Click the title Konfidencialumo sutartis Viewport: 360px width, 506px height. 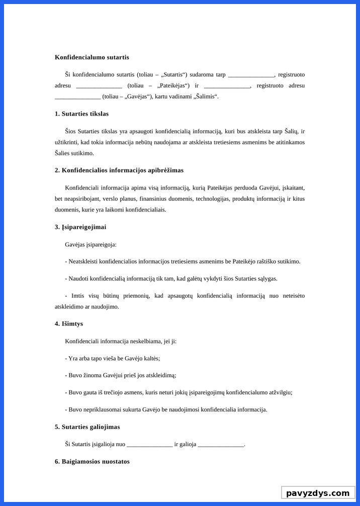pos(92,57)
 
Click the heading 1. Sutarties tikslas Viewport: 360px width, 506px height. pos(81,114)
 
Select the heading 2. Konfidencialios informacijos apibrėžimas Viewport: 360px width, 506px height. pos(119,171)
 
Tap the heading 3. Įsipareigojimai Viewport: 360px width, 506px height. pos(80,227)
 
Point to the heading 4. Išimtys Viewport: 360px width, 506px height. pos(69,324)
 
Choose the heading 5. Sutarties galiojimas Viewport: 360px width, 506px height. pos(87,427)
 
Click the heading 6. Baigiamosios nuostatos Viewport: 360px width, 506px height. pos(92,462)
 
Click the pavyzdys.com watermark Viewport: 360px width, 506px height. pos(317,493)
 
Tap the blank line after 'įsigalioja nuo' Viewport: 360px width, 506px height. pos(149,445)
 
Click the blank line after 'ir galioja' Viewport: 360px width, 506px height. pos(221,445)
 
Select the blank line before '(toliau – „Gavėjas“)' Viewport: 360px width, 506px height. pos(77,97)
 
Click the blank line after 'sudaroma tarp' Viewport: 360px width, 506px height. pos(251,75)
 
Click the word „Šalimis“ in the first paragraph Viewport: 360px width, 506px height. pos(203,97)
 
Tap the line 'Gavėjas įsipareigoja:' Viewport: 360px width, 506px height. pos(91,244)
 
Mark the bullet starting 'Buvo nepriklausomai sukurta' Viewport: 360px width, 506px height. pos(166,409)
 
